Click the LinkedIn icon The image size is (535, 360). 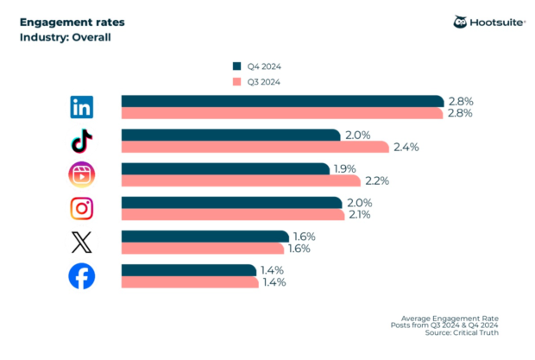(81, 107)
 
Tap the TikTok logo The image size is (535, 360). (81, 141)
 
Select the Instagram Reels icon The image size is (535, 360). (81, 174)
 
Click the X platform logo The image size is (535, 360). (81, 242)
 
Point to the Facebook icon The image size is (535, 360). (81, 276)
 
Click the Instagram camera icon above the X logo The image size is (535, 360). (81, 208)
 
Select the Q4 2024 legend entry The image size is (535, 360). (257, 66)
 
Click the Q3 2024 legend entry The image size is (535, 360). (257, 81)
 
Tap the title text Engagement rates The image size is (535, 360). (64, 22)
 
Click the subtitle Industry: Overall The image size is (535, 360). (66, 37)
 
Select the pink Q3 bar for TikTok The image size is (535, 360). (255, 147)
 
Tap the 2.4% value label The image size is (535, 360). (406, 147)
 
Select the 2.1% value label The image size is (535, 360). (358, 214)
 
